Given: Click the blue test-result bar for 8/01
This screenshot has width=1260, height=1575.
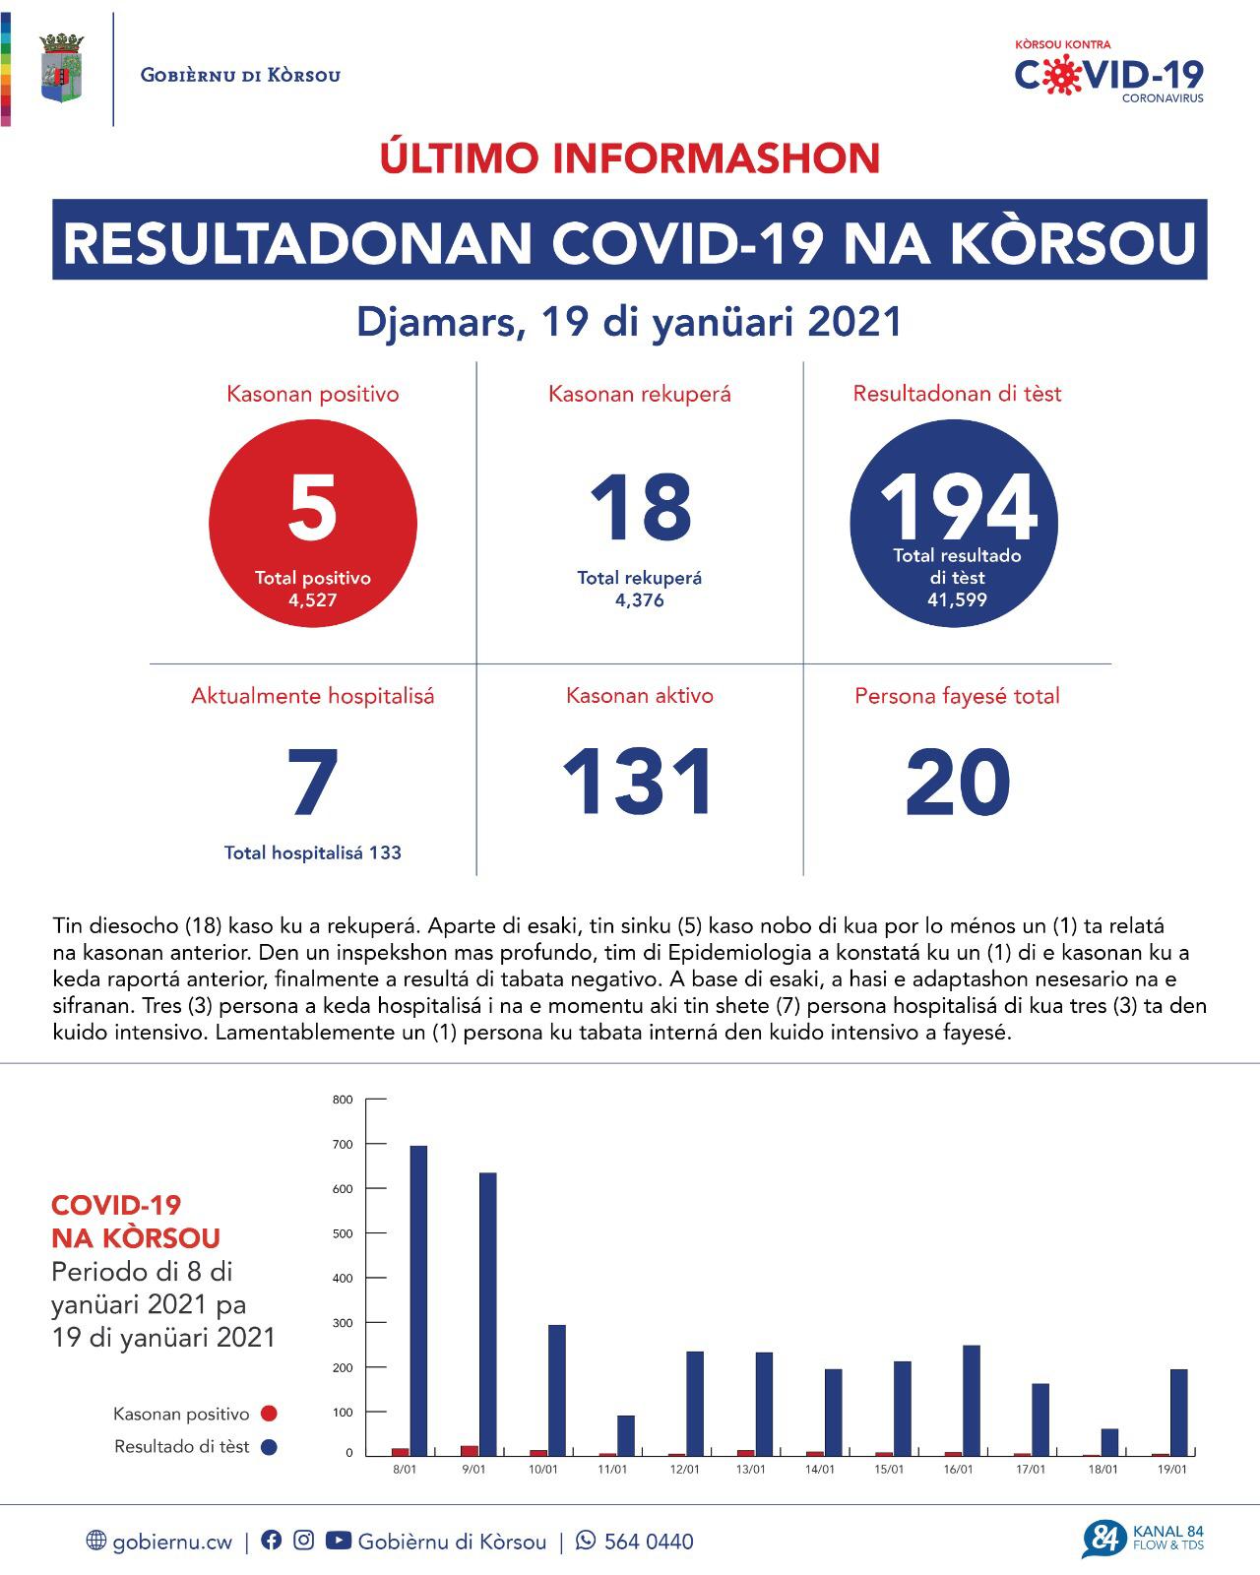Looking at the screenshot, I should pos(418,1299).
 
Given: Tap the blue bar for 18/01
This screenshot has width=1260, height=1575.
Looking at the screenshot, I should pos(1109,1442).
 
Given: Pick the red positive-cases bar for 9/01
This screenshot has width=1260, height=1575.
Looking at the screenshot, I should pos(470,1450).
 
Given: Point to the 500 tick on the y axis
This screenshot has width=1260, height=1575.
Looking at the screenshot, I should pos(344,1233).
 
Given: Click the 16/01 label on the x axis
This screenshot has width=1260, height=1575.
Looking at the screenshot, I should pos(958,1470).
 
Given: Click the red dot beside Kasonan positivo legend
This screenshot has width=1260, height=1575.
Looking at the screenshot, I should pos(269,1414).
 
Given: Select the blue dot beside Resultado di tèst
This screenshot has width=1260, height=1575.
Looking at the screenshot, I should pos(269,1447).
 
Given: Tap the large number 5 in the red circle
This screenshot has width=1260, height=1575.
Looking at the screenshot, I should pos(313,508).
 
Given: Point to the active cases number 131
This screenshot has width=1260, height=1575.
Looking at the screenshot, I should pos(640,783).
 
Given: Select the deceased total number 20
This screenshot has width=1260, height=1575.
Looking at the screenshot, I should pos(957,783).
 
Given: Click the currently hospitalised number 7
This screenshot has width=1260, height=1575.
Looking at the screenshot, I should pos(313,783).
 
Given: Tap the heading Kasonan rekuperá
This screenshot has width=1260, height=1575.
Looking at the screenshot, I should pos(640,395).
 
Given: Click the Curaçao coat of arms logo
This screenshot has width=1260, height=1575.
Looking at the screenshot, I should pos(61,69).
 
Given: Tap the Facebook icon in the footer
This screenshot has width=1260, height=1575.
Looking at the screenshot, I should pos(271,1541).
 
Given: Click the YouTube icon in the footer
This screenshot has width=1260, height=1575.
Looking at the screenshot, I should pos(338,1541).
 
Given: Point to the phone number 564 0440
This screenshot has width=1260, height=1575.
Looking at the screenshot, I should pos(649,1542).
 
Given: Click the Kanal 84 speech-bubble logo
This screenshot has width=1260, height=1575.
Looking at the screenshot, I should pos(1102,1540).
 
